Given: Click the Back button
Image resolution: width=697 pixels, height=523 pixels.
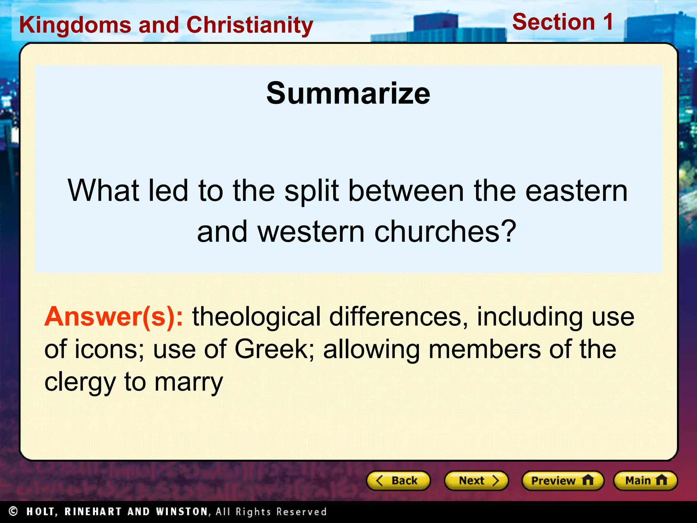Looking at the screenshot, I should tap(398, 480).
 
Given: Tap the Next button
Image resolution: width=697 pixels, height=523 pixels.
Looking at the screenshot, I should tap(476, 480).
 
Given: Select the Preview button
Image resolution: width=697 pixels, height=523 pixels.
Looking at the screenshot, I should tap(563, 480).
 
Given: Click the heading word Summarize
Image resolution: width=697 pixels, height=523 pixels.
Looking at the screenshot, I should tap(348, 93).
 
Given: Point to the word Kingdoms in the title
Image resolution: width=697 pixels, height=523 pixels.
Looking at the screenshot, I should tap(75, 25).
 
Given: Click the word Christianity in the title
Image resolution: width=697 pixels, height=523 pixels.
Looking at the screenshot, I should tap(250, 26).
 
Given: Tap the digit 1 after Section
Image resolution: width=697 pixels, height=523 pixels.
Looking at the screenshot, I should tap(608, 22).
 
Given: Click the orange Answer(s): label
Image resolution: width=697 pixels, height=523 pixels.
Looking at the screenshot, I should tap(114, 317).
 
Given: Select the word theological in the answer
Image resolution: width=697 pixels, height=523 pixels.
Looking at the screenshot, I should tap(257, 317).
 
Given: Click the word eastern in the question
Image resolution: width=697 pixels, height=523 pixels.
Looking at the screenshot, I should tap(576, 191).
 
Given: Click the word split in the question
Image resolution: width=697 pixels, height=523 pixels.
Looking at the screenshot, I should tap(312, 191).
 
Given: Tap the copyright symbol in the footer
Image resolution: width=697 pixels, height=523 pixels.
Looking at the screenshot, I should tap(13, 511).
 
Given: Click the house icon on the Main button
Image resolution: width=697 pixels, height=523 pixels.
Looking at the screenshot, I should tap(661, 480).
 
